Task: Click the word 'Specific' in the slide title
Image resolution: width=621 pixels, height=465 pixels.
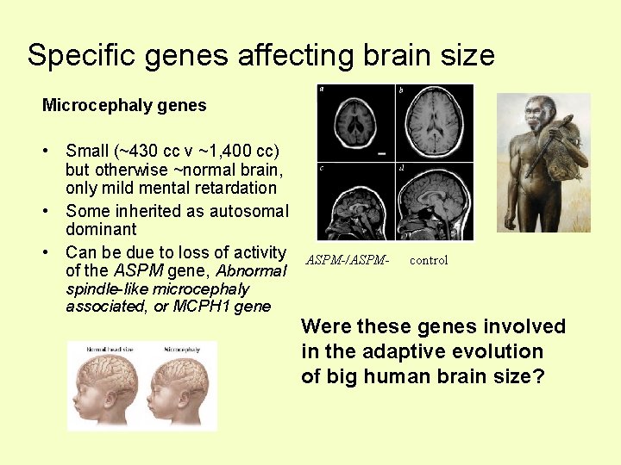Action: pyautogui.click(x=80, y=55)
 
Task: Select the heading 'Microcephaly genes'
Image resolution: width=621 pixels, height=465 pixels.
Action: pyautogui.click(x=124, y=106)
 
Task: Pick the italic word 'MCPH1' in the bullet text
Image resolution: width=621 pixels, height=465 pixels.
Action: pyautogui.click(x=199, y=307)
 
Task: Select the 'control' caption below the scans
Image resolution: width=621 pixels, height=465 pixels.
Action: pyautogui.click(x=428, y=260)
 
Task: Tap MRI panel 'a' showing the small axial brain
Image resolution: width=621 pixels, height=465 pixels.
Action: pyautogui.click(x=355, y=122)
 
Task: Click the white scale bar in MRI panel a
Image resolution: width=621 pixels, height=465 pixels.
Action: pyautogui.click(x=380, y=153)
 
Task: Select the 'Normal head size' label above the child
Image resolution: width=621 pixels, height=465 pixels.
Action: pyautogui.click(x=109, y=350)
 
